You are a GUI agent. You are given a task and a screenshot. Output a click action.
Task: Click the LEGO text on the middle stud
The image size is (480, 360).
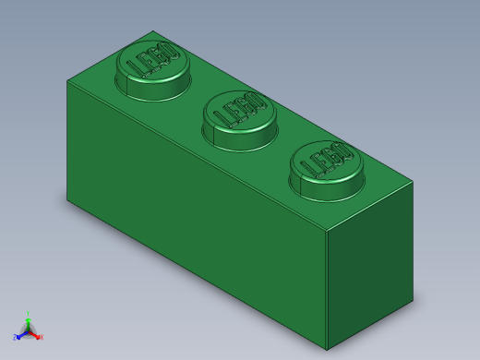click(239, 110)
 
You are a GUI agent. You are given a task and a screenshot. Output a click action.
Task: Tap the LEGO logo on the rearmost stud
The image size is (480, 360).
click(153, 60)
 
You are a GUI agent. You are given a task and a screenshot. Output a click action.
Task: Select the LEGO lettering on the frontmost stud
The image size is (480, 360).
click(327, 160)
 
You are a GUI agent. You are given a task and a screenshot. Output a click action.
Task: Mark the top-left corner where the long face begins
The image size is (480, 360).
click(67, 80)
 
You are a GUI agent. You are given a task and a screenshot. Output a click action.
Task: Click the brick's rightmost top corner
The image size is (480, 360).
click(413, 182)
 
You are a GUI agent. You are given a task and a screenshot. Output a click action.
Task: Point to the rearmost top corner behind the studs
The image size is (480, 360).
click(153, 31)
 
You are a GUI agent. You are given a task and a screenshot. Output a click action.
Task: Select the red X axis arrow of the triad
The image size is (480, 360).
click(35, 334)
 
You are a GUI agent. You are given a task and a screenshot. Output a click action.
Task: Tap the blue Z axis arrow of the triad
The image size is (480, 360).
click(20, 334)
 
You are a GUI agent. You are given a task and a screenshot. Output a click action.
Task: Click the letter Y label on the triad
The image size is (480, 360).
click(28, 314)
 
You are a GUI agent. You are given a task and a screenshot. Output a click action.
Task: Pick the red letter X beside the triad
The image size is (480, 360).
click(41, 337)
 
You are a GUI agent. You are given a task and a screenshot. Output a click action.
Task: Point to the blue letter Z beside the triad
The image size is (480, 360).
click(15, 338)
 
